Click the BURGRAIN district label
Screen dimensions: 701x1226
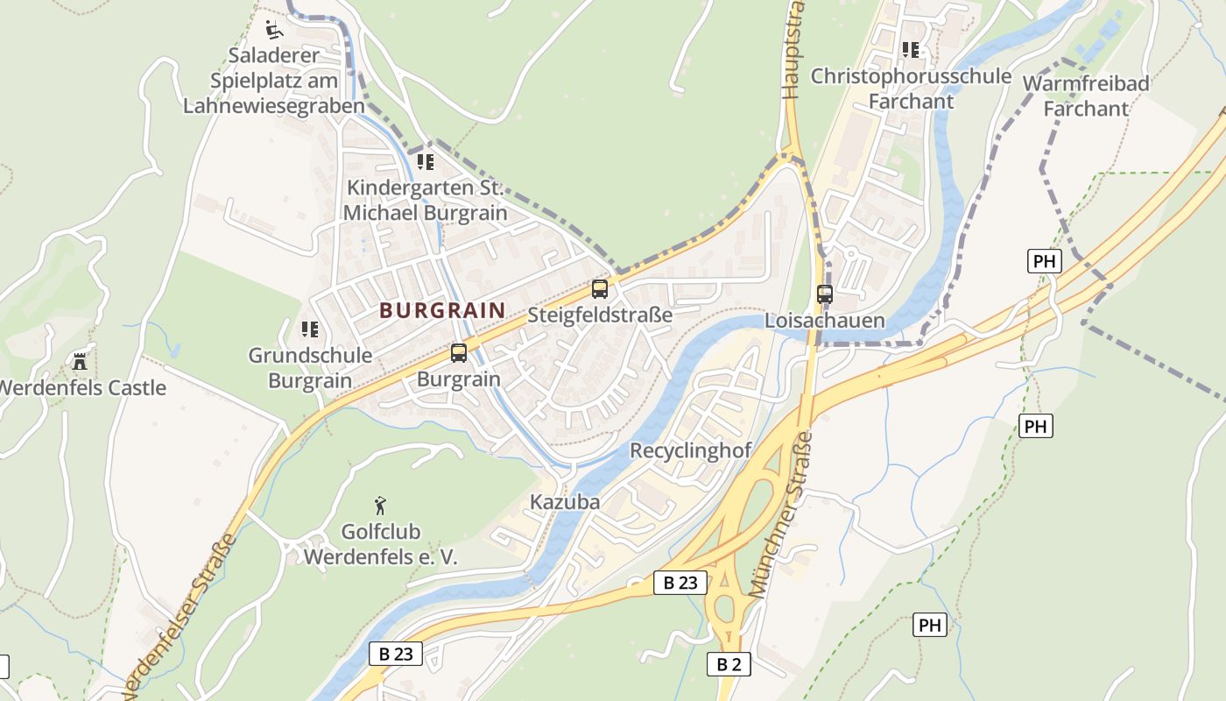pyautogui.click(x=442, y=310)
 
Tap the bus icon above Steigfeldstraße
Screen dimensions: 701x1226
pyautogui.click(x=599, y=288)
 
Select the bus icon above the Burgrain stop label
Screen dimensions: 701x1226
pyautogui.click(x=459, y=353)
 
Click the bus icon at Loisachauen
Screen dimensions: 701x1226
pyautogui.click(x=825, y=294)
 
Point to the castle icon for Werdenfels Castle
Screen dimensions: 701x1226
pyautogui.click(x=80, y=361)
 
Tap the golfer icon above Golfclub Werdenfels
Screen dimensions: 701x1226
pyautogui.click(x=380, y=506)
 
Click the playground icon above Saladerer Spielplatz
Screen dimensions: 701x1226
pyautogui.click(x=274, y=30)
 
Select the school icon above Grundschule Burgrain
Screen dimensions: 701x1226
pyautogui.click(x=309, y=329)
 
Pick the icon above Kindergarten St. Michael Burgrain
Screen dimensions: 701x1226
pyautogui.click(x=426, y=161)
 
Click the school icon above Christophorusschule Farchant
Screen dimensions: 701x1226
pyautogui.click(x=911, y=50)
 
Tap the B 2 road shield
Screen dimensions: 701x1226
pyautogui.click(x=729, y=664)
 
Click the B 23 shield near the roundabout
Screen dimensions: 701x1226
pyautogui.click(x=680, y=583)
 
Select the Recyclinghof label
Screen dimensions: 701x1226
pyautogui.click(x=691, y=451)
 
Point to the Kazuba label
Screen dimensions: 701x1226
pyautogui.click(x=565, y=502)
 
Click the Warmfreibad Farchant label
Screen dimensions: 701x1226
pyautogui.click(x=1086, y=96)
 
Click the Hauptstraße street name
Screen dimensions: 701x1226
pyautogui.click(x=793, y=53)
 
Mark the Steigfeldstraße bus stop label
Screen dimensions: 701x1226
pyautogui.click(x=600, y=315)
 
